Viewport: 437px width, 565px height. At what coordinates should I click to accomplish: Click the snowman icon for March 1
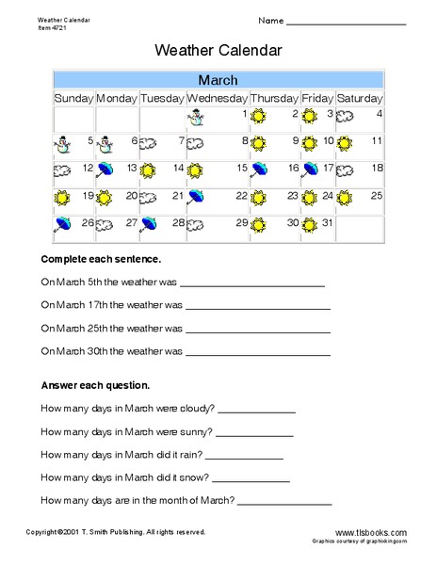coord(196,116)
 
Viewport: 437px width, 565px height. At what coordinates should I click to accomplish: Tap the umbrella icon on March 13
coord(105,169)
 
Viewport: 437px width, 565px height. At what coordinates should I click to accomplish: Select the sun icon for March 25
coord(345,198)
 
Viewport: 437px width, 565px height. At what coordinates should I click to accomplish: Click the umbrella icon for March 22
coord(196,198)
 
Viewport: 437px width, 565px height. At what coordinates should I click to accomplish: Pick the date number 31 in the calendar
coord(327,223)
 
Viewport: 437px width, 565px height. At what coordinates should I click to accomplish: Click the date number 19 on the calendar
coord(88,196)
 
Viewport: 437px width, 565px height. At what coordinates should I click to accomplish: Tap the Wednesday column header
coord(217,97)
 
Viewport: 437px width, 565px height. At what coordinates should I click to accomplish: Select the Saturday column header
coord(359,97)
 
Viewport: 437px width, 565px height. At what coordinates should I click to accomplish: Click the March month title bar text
coord(218,79)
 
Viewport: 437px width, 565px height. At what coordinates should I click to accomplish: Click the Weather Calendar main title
coord(218,50)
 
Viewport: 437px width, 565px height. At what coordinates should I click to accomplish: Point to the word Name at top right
coord(269,21)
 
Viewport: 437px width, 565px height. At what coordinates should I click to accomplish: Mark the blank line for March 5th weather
coord(251,283)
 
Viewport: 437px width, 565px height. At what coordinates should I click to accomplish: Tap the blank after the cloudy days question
coord(257,411)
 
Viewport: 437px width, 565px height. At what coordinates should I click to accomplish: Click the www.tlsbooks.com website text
coord(369,532)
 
